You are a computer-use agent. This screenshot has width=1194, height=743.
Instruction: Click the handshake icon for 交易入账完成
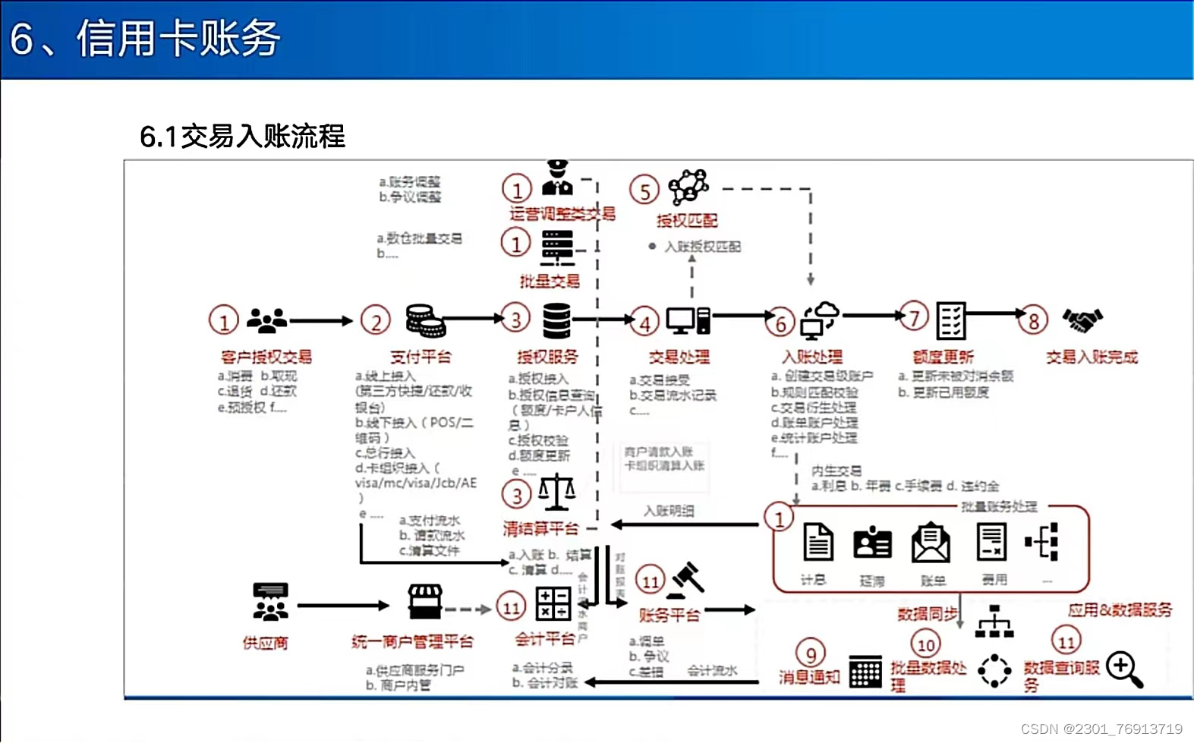click(1083, 320)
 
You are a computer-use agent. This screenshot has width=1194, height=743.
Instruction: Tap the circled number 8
click(1033, 321)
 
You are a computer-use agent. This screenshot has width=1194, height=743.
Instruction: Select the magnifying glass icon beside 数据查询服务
click(1124, 669)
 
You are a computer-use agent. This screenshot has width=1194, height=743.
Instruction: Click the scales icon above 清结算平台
click(556, 492)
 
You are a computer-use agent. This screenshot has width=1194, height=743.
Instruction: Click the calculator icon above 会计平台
click(553, 604)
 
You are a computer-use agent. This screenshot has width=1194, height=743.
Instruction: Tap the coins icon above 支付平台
click(425, 320)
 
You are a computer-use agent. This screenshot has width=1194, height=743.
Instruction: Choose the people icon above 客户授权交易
click(267, 320)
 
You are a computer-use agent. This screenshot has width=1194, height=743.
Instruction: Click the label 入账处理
click(812, 357)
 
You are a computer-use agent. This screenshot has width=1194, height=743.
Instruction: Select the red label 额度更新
click(943, 357)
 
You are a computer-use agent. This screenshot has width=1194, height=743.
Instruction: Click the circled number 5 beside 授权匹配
click(644, 190)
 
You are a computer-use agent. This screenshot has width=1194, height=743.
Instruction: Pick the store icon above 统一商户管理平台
click(425, 601)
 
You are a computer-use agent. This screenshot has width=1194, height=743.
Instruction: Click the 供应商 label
click(265, 643)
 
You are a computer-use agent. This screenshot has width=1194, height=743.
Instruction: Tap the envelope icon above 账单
click(931, 543)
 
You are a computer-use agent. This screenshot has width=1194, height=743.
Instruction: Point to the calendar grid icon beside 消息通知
click(865, 671)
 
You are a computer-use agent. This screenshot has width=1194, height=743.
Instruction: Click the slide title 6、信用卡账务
click(145, 39)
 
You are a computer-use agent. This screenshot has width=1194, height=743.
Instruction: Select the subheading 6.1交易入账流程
click(242, 137)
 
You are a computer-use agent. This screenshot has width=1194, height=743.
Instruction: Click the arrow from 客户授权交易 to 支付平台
click(321, 321)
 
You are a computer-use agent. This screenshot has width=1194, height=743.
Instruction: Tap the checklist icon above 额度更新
click(950, 320)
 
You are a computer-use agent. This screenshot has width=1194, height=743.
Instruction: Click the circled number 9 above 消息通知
click(811, 654)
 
